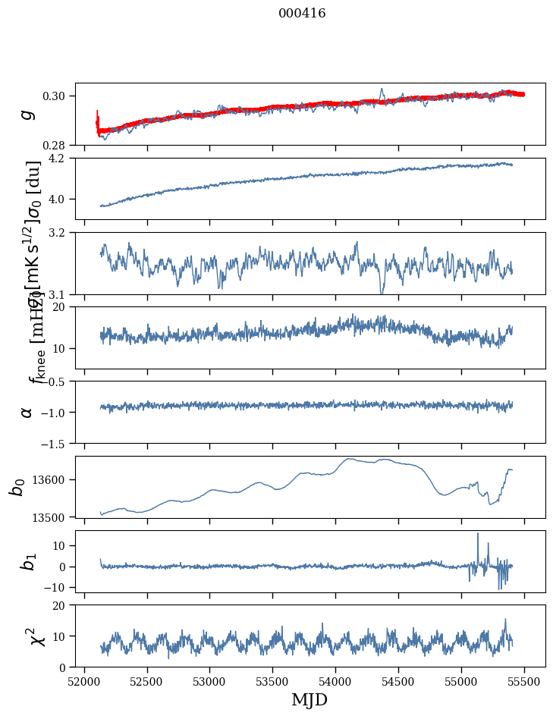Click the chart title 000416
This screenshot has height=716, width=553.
(302, 14)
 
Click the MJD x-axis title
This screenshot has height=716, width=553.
(309, 700)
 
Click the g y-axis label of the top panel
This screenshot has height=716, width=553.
(27, 114)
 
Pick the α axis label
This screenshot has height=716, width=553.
(27, 412)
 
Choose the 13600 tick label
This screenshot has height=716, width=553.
(53, 479)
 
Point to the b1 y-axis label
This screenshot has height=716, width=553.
(27, 561)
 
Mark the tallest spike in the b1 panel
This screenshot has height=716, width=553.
(478, 534)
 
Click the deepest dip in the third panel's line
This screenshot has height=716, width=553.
(382, 292)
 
